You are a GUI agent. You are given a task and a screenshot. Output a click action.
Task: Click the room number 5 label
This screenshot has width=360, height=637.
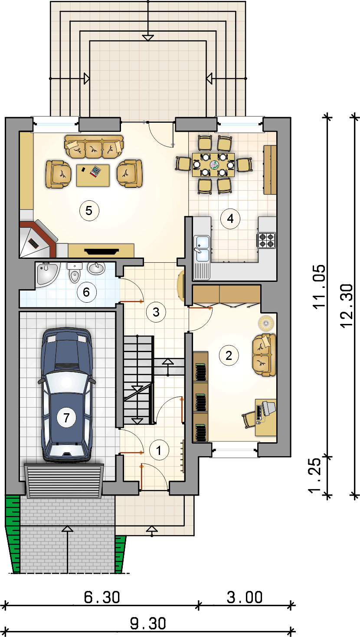click(x=89, y=211)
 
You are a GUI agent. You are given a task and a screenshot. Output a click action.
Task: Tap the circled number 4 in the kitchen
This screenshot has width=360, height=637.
click(x=230, y=219)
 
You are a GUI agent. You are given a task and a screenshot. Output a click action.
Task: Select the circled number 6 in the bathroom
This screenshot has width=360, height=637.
click(x=86, y=292)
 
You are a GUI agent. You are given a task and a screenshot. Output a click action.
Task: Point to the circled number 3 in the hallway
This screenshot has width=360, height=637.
click(x=156, y=312)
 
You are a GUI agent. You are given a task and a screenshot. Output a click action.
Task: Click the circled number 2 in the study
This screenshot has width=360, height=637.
click(x=229, y=356)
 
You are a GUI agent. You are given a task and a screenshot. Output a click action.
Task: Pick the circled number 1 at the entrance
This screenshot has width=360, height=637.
click(x=159, y=450)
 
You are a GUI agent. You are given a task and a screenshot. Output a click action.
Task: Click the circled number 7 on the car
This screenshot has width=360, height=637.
click(x=66, y=418)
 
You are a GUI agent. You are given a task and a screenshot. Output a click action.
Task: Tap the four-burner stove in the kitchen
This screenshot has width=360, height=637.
click(x=266, y=240)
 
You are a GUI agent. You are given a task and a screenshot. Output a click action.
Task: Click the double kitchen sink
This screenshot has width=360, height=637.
click(x=202, y=248)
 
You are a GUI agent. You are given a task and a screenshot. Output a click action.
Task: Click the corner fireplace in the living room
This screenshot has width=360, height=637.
click(x=39, y=239)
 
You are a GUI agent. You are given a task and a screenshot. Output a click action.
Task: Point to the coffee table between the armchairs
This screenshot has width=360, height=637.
click(x=93, y=176)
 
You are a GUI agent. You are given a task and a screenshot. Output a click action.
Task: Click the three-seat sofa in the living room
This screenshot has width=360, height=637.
click(x=94, y=147)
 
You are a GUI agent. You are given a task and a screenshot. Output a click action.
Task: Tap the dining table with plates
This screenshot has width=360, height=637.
click(x=213, y=165)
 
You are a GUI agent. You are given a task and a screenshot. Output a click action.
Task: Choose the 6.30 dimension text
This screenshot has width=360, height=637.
click(x=102, y=597)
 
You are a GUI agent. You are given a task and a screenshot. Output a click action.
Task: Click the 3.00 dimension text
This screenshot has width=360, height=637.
click(x=245, y=597)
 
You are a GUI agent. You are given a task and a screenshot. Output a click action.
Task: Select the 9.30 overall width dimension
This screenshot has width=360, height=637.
click(x=148, y=624)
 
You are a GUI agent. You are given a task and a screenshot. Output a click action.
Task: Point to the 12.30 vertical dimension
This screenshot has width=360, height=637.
click(x=347, y=306)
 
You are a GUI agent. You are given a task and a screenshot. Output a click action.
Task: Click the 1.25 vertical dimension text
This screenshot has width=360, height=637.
click(x=315, y=475)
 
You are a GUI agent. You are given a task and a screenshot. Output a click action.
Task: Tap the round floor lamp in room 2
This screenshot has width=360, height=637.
click(x=266, y=323)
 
